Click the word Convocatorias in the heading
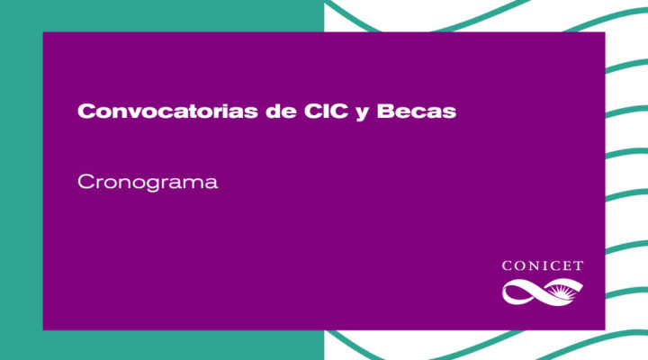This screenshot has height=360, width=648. pos(167,111)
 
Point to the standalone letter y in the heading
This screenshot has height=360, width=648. pos(362,113)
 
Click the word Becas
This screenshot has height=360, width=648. pos(416,111)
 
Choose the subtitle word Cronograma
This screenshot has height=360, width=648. pos(148,183)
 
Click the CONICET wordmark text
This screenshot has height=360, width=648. pos(542,265)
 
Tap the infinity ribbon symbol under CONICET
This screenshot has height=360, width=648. pos(542,292)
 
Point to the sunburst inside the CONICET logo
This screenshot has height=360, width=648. pos(561,291)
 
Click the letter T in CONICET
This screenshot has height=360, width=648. pos(578,265)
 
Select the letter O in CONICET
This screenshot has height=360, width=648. pos(519,265)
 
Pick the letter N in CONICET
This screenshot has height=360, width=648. pos(532,265)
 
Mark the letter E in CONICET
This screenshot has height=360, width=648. pos(567,265)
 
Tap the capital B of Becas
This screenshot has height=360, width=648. pos(385,111)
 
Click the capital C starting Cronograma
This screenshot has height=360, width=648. pos(86,182)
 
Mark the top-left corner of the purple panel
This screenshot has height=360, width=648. pos(43,32)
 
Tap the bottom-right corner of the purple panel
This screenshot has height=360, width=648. pos(605,329)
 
